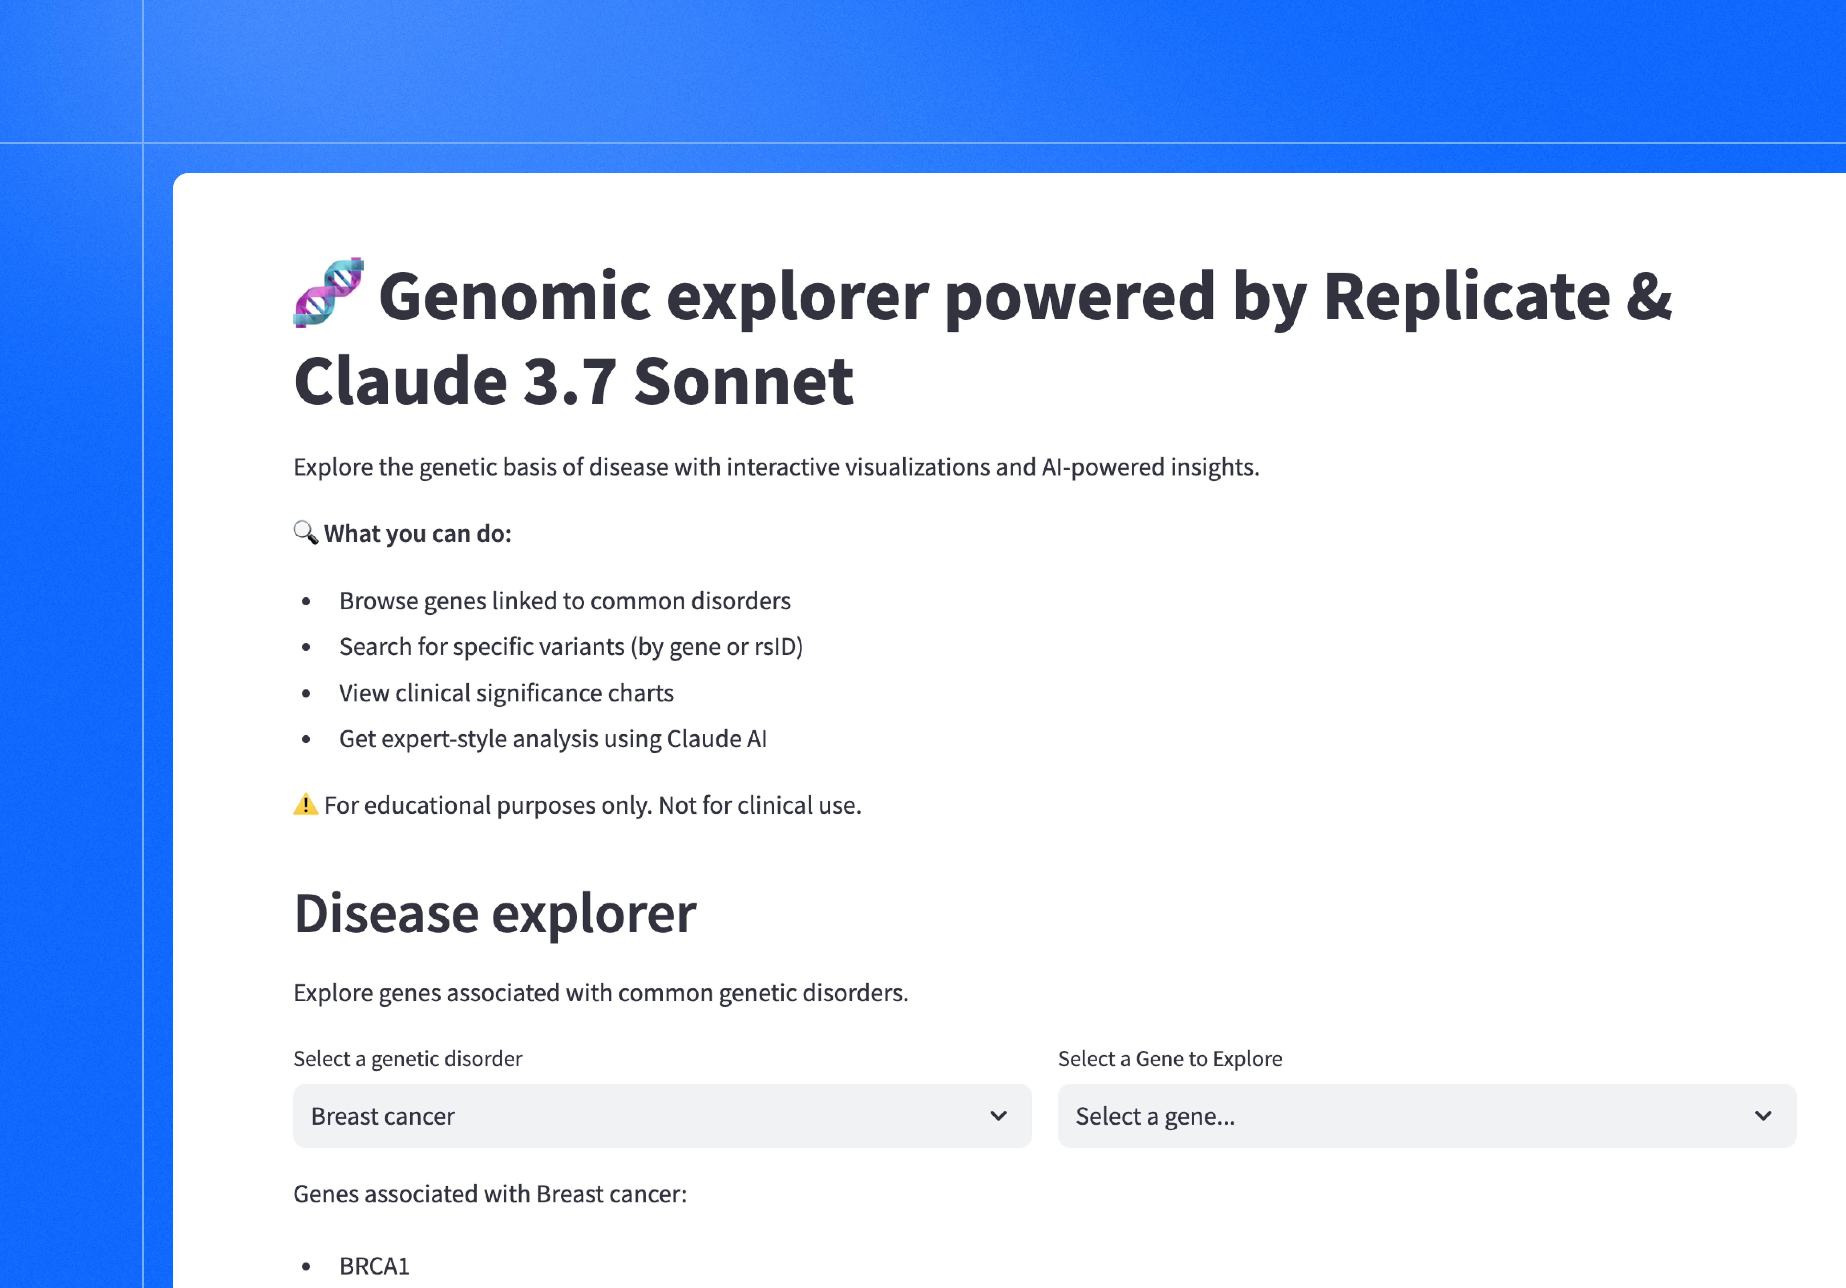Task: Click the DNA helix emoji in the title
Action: [328, 293]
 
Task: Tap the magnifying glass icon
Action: [306, 532]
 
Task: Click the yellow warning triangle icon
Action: [306, 804]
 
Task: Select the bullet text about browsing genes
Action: [564, 601]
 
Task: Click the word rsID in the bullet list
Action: [775, 646]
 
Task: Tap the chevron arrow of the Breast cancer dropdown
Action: [998, 1116]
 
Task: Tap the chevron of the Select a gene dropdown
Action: [1763, 1116]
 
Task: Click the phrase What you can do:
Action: [417, 533]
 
